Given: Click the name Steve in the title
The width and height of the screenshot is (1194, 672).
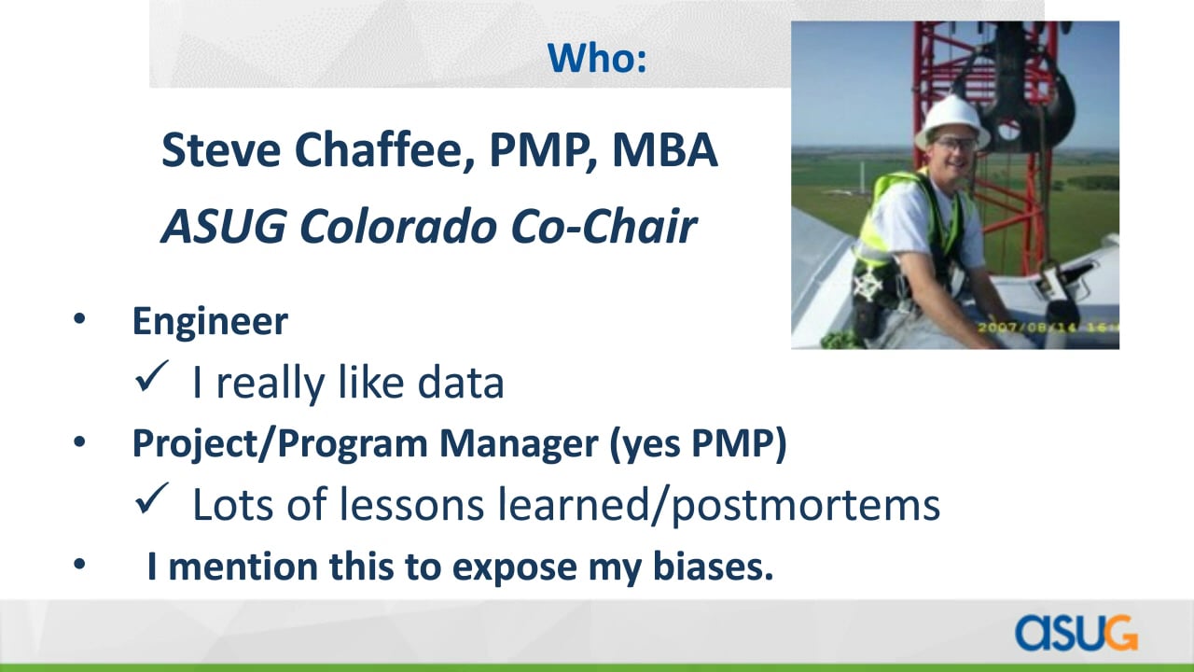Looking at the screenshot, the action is pyautogui.click(x=221, y=150).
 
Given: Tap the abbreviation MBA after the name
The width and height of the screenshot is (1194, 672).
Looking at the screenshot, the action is pyautogui.click(x=665, y=150).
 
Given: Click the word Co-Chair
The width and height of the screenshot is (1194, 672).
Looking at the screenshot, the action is pyautogui.click(x=604, y=226).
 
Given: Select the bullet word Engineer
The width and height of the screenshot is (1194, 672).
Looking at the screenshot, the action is pyautogui.click(x=210, y=321).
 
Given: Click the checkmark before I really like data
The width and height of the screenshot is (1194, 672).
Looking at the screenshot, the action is pyautogui.click(x=151, y=376).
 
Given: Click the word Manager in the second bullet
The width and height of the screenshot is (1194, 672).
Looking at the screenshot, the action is pyautogui.click(x=519, y=443).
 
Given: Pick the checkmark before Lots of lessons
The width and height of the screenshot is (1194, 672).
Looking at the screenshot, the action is pyautogui.click(x=151, y=498).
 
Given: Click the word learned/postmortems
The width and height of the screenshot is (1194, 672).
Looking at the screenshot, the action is pyautogui.click(x=718, y=506).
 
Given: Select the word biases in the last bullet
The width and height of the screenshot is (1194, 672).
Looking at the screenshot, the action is pyautogui.click(x=714, y=566).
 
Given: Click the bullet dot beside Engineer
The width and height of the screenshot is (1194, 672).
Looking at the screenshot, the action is pyautogui.click(x=79, y=319).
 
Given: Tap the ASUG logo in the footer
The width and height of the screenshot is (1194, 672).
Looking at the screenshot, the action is pyautogui.click(x=1076, y=633).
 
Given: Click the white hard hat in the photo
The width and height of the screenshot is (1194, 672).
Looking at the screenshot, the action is pyautogui.click(x=952, y=121).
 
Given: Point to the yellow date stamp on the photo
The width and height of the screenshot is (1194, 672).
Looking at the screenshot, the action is pyautogui.click(x=1048, y=327).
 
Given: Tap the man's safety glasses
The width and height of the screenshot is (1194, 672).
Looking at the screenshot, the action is pyautogui.click(x=954, y=144).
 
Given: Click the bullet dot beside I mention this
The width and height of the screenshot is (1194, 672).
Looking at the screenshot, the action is pyautogui.click(x=79, y=564).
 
